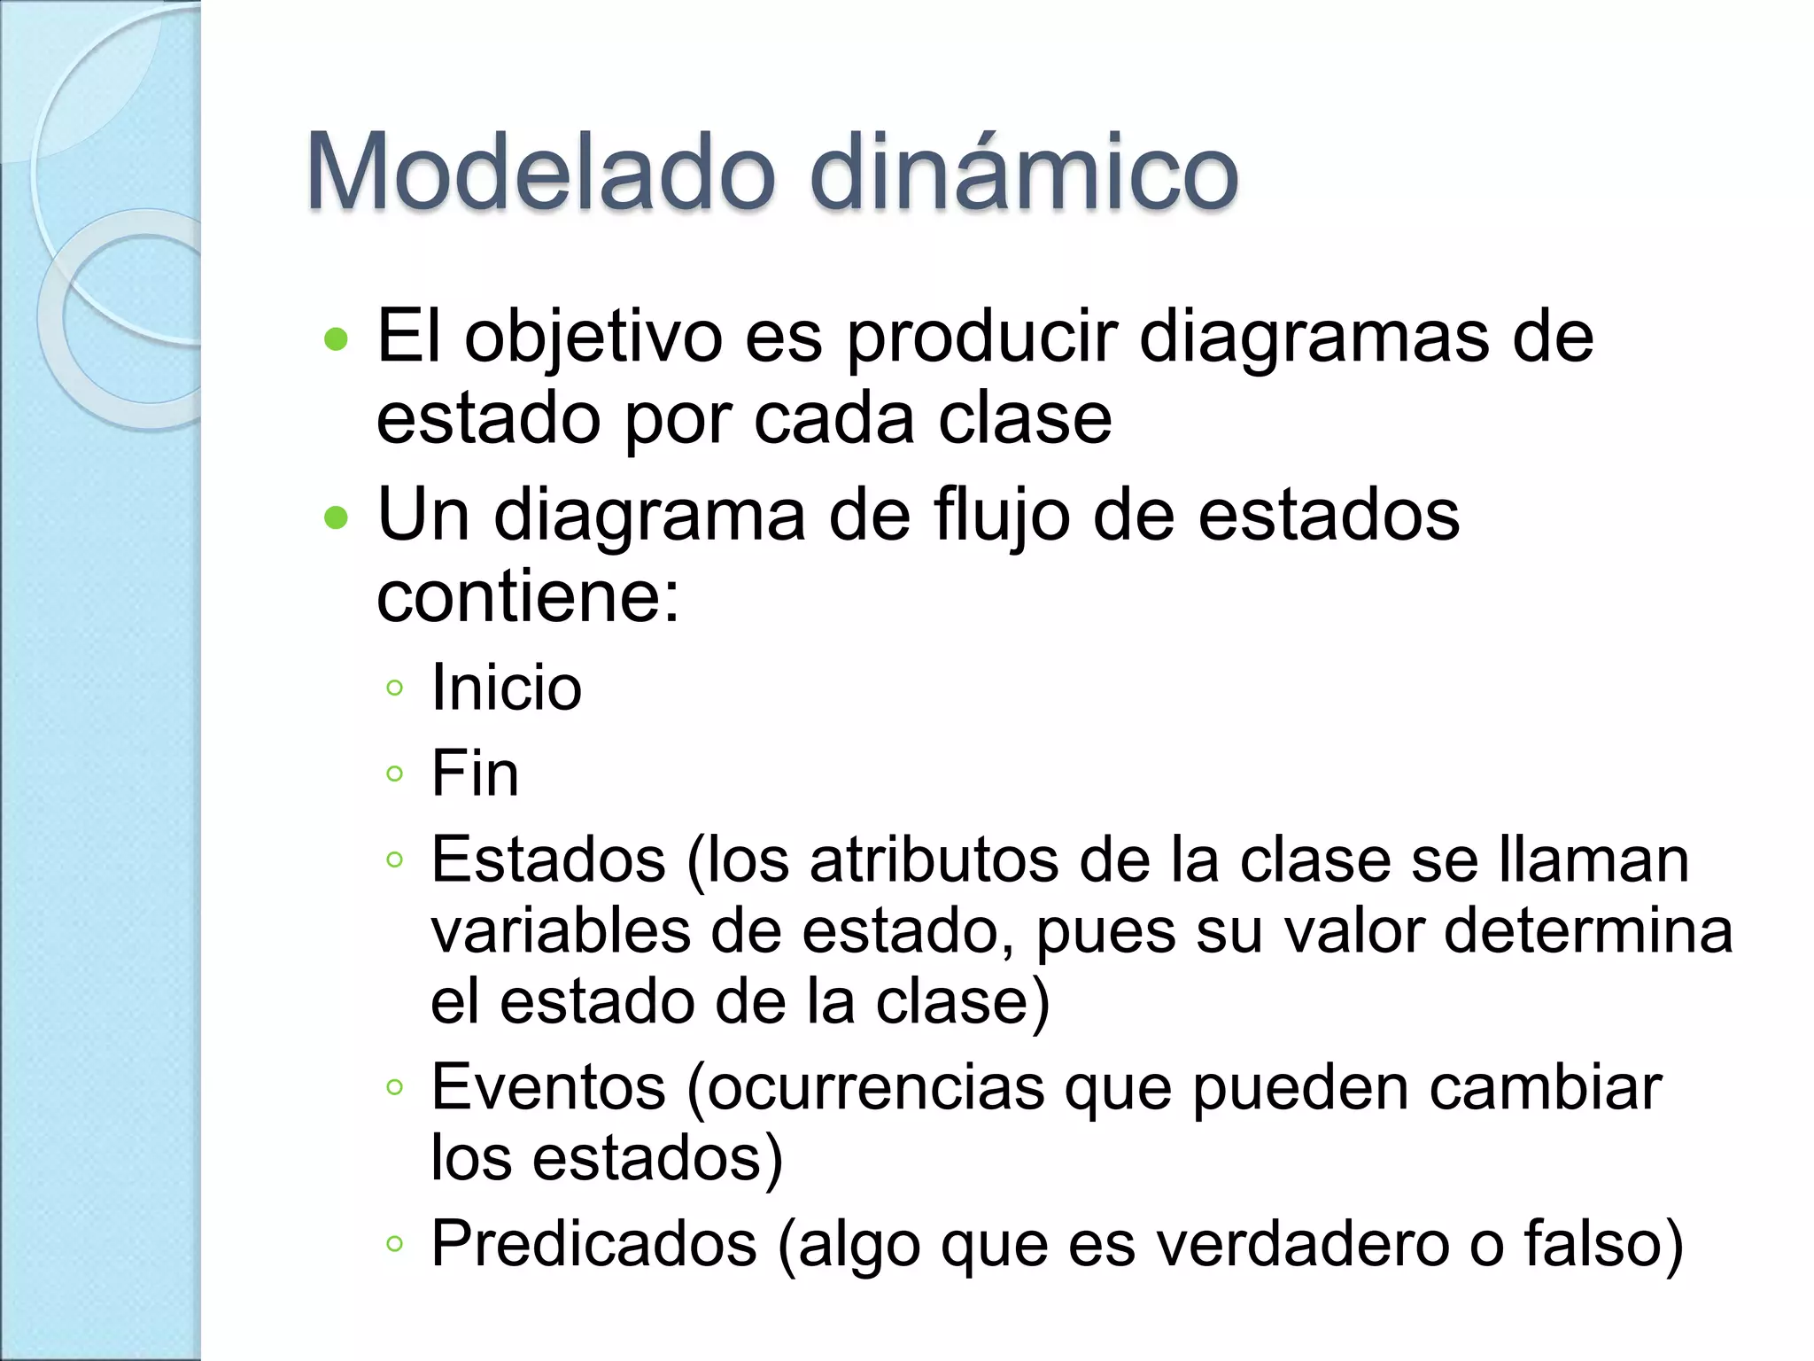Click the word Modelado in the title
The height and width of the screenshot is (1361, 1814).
click(540, 172)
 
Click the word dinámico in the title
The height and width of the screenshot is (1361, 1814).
click(1023, 172)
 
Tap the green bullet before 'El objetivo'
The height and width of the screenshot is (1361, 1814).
click(337, 339)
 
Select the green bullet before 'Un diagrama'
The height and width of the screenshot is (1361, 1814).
click(337, 517)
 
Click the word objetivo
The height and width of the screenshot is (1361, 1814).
click(593, 339)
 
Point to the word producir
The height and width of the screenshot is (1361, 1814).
click(983, 339)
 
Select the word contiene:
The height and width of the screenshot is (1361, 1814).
click(528, 597)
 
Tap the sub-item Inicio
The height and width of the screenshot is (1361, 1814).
click(506, 688)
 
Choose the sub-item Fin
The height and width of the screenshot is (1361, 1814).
click(475, 774)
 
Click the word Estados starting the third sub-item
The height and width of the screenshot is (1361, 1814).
click(548, 859)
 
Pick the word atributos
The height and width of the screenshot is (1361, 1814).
click(934, 859)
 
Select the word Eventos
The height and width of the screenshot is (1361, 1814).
click(548, 1087)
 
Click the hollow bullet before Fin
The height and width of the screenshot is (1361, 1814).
click(395, 774)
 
